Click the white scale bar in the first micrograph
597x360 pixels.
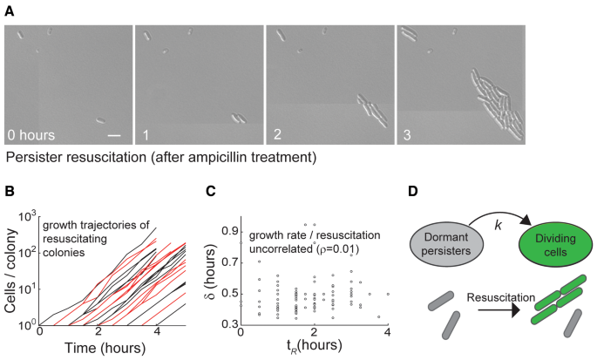113,135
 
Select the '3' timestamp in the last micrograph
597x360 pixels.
407,135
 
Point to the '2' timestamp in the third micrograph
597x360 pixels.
275,135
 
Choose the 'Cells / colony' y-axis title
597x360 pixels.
11,266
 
